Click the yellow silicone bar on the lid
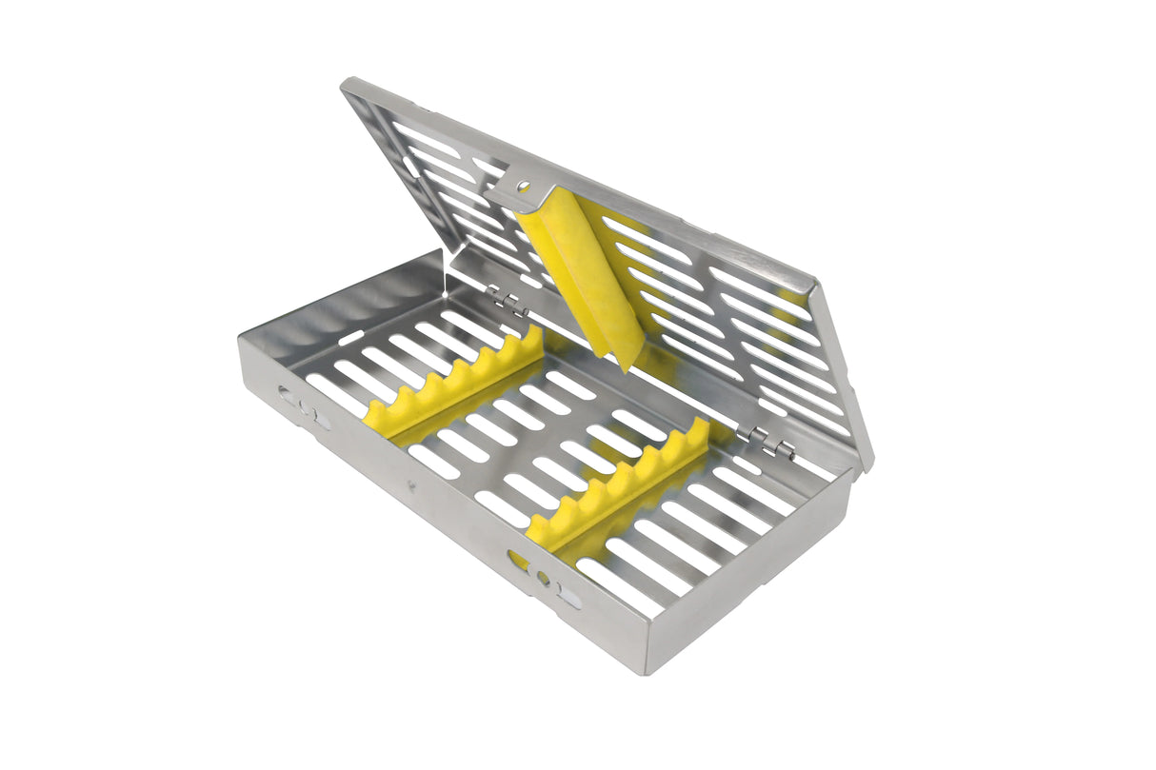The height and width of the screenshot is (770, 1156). (571, 276)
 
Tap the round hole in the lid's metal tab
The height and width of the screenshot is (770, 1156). (522, 187)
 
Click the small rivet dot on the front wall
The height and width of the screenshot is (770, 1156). (412, 485)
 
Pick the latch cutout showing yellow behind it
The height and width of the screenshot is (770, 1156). (543, 577)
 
